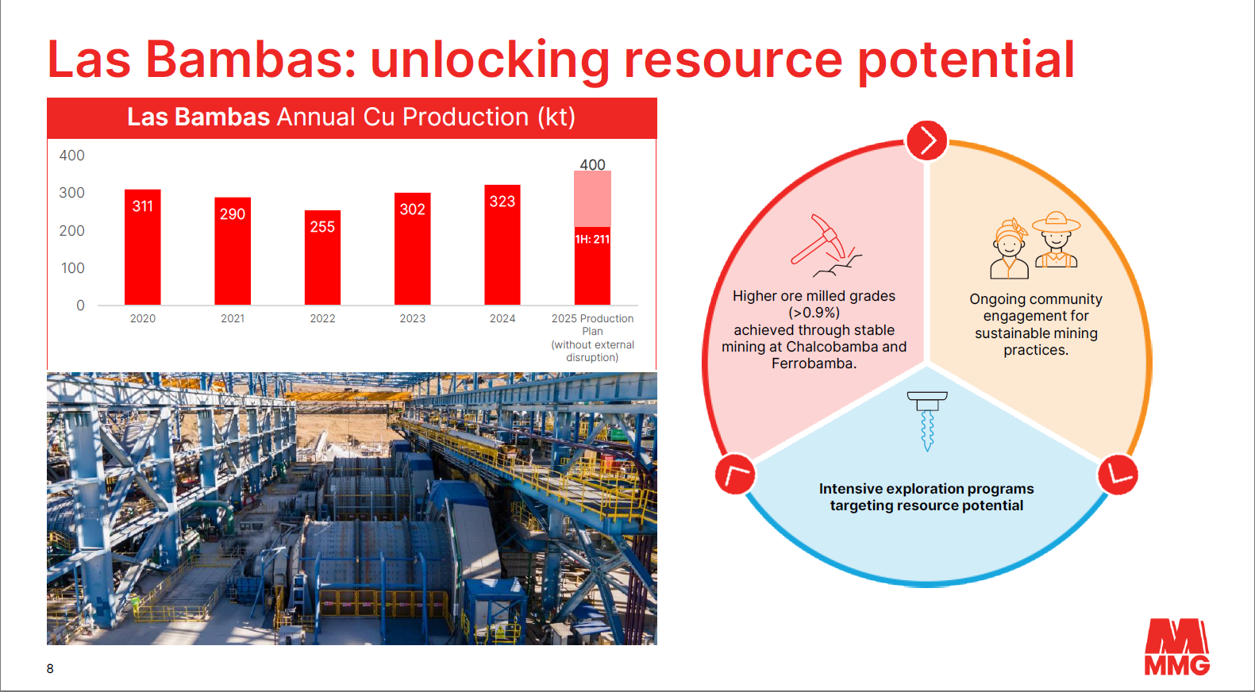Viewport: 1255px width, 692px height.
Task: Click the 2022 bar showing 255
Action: click(322, 257)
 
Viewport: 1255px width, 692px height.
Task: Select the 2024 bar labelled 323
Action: click(502, 245)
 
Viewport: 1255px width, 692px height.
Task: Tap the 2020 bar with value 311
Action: click(142, 247)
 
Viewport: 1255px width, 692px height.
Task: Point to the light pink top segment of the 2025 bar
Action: click(592, 198)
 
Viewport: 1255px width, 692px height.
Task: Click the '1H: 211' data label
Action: click(592, 239)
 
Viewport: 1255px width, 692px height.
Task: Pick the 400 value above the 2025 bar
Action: click(592, 164)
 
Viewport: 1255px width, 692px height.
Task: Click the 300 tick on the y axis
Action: click(71, 193)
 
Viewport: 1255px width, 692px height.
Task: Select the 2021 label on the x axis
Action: click(233, 318)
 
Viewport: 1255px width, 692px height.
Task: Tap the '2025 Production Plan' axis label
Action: click(592, 325)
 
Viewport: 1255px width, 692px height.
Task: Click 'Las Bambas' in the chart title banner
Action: click(198, 117)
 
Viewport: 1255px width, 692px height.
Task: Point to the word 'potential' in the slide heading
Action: click(966, 60)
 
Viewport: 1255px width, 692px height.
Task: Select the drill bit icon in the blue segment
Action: click(927, 421)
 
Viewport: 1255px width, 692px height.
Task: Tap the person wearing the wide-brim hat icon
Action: click(1056, 239)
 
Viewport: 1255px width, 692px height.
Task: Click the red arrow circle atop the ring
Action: click(926, 140)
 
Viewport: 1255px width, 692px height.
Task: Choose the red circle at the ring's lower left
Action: click(735, 474)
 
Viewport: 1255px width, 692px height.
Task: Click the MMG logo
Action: click(1176, 647)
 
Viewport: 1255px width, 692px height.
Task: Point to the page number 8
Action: click(50, 668)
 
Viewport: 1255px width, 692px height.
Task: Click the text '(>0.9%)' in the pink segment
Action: click(814, 313)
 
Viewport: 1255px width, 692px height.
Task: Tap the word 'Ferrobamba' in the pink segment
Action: click(812, 363)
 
